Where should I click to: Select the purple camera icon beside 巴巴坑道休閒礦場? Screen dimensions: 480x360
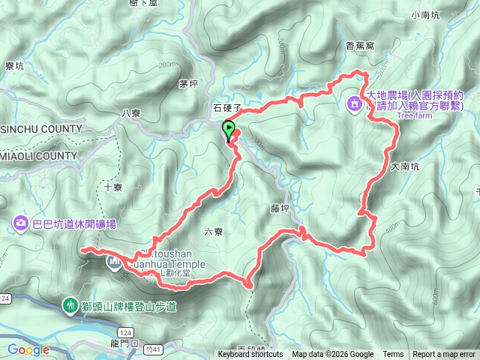pyautogui.click(x=20, y=223)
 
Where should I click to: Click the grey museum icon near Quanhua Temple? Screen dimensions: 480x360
pyautogui.click(x=114, y=262)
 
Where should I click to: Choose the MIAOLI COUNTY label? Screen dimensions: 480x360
pyautogui.click(x=38, y=156)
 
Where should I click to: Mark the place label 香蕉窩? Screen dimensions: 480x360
pyautogui.click(x=360, y=46)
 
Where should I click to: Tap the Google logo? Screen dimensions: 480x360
pyautogui.click(x=28, y=349)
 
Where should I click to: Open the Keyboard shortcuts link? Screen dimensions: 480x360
pyautogui.click(x=250, y=355)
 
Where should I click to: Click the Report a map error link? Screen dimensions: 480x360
pyautogui.click(x=444, y=355)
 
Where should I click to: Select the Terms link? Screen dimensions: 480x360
pyautogui.click(x=393, y=355)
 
